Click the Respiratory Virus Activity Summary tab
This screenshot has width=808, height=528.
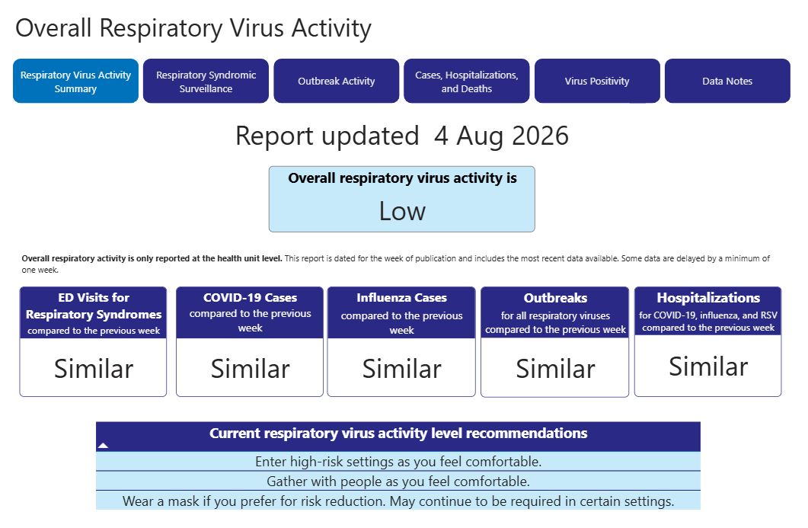click(x=75, y=81)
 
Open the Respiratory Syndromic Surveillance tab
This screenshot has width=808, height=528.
click(x=206, y=81)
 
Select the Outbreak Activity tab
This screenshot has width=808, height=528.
click(x=337, y=81)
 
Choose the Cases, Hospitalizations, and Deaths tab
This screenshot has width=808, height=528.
click(x=467, y=81)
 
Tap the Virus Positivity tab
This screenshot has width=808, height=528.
click(x=597, y=81)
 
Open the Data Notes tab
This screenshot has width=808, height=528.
click(x=727, y=81)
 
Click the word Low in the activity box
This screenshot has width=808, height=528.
click(x=402, y=211)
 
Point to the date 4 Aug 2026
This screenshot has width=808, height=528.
click(x=501, y=136)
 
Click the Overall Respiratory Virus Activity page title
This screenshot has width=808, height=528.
click(x=193, y=28)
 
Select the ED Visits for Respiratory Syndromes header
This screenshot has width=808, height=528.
click(x=93, y=312)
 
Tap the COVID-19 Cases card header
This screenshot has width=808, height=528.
click(x=250, y=312)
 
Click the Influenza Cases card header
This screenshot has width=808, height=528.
click(x=401, y=312)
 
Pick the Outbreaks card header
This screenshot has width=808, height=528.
click(x=555, y=312)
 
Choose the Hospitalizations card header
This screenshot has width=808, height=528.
click(x=708, y=311)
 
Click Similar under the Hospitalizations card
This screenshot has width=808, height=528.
click(x=708, y=366)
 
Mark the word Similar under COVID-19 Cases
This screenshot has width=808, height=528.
click(x=250, y=369)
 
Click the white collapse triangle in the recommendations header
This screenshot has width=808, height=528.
click(x=103, y=445)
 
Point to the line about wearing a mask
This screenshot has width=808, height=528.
click(x=398, y=501)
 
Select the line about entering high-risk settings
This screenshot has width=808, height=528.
click(x=398, y=462)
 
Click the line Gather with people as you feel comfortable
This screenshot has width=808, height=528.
click(x=398, y=482)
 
